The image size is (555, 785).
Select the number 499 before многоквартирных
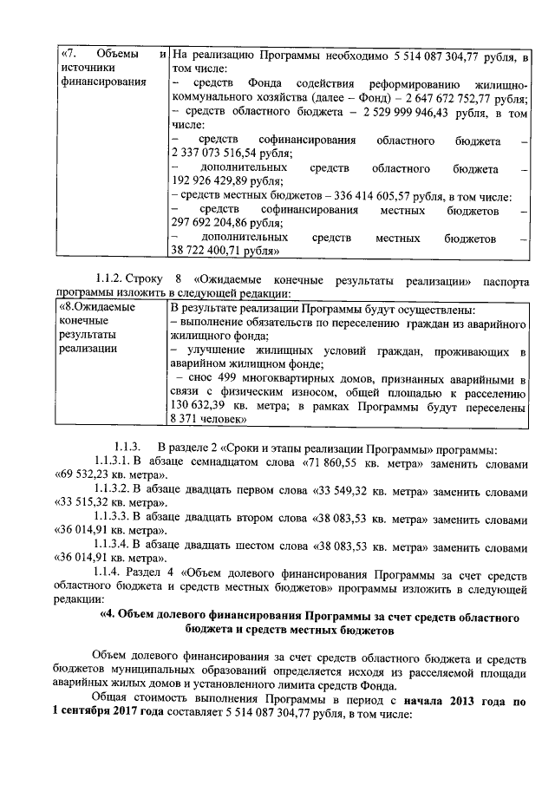point(224,379)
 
